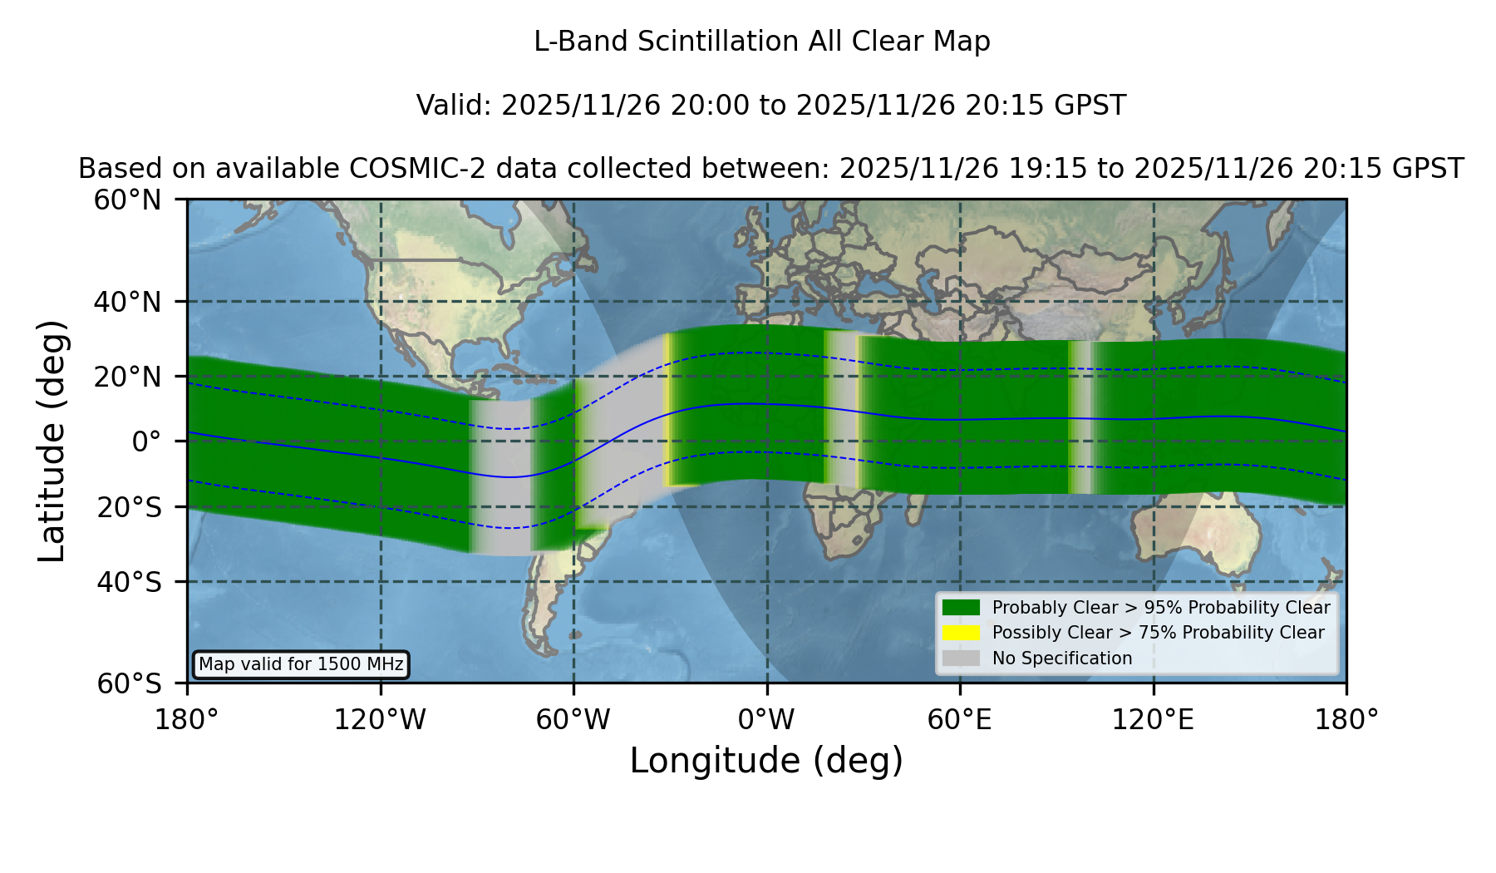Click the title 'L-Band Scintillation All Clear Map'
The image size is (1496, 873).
tap(761, 42)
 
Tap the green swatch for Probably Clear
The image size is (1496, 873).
tap(961, 608)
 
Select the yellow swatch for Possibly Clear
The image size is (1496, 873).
tap(961, 633)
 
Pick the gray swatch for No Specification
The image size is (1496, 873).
tap(961, 658)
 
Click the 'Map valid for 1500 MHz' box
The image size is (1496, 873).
tap(301, 664)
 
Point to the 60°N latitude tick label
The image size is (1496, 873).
tap(127, 200)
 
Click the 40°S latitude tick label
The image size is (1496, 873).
tap(129, 582)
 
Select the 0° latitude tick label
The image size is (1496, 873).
tap(146, 441)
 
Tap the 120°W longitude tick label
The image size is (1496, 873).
tap(380, 720)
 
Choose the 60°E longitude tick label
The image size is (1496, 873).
tap(959, 720)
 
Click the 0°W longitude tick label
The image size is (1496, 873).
tap(766, 720)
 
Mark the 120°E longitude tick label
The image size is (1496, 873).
tap(1153, 720)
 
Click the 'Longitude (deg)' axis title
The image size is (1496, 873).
tap(766, 761)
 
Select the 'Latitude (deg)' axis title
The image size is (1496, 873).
tap(52, 441)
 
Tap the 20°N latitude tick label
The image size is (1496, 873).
tap(127, 377)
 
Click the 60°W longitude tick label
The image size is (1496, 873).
tap(573, 720)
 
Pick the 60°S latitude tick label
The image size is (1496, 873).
tap(129, 683)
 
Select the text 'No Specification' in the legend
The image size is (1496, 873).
tap(1062, 658)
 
